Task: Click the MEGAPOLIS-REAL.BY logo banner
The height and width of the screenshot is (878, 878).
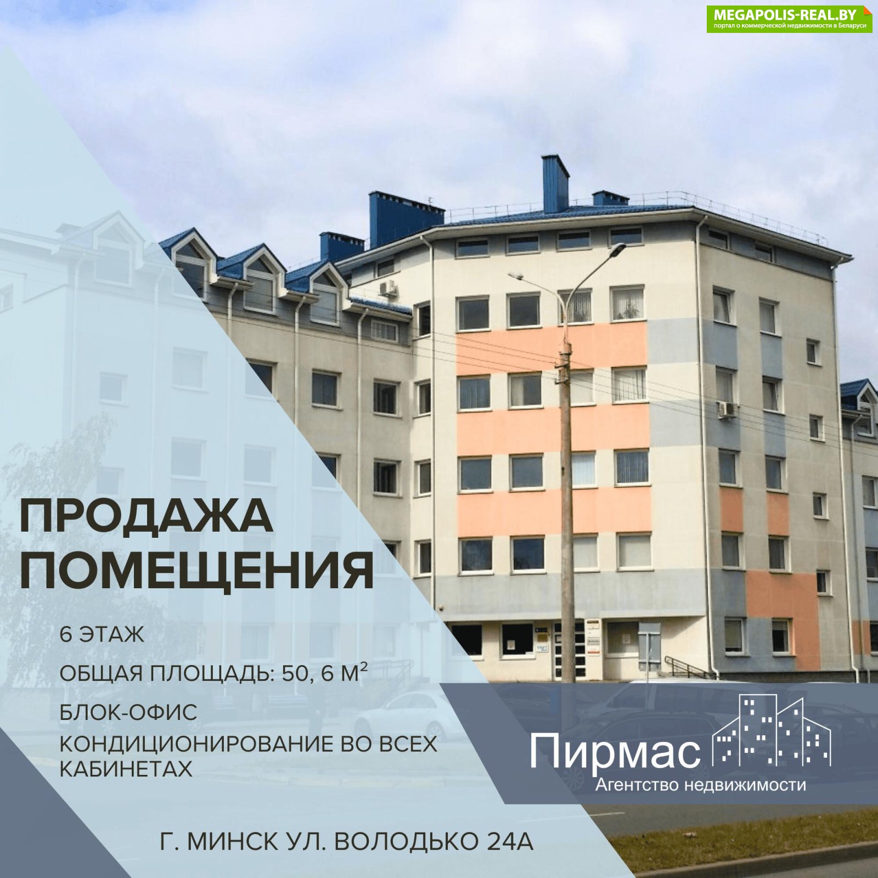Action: coord(789,19)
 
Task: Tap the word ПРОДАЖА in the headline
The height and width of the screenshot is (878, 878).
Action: coord(146,516)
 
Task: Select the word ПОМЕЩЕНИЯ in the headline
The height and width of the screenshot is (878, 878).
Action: coord(196,571)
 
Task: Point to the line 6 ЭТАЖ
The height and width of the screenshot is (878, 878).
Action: coord(102,635)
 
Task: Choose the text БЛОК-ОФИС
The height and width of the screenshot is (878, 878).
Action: coord(128,712)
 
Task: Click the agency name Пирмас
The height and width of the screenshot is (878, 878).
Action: coord(615,752)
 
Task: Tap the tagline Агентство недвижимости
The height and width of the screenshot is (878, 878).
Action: coord(701,785)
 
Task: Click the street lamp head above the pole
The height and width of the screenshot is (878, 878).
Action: coord(617,250)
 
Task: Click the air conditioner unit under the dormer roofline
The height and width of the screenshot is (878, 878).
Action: coord(389,288)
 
